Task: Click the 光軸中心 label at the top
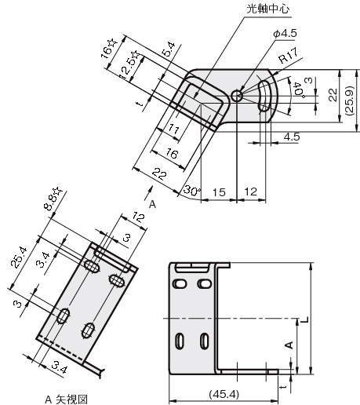pos(268,9)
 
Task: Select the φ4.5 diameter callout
pos(285,34)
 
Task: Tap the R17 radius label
pos(289,56)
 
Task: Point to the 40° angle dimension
pos(299,91)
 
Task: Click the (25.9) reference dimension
pos(350,100)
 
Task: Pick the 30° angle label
pos(191,191)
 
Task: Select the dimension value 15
pos(219,192)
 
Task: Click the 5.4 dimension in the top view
pos(169,49)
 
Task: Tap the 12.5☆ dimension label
pos(130,65)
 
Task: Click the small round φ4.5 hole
pos(237,97)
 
